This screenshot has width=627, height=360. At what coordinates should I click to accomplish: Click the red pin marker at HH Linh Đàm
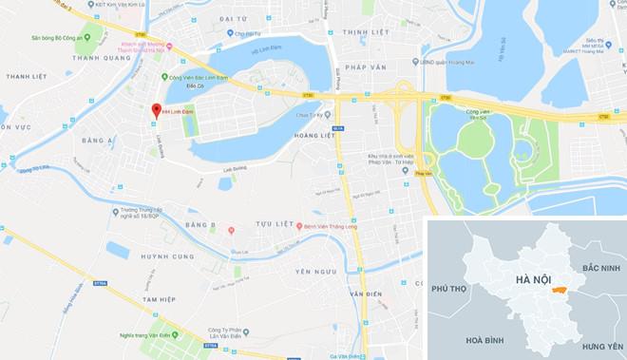pyautogui.click(x=155, y=109)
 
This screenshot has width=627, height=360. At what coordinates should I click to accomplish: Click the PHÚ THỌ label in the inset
pyautogui.click(x=452, y=287)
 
